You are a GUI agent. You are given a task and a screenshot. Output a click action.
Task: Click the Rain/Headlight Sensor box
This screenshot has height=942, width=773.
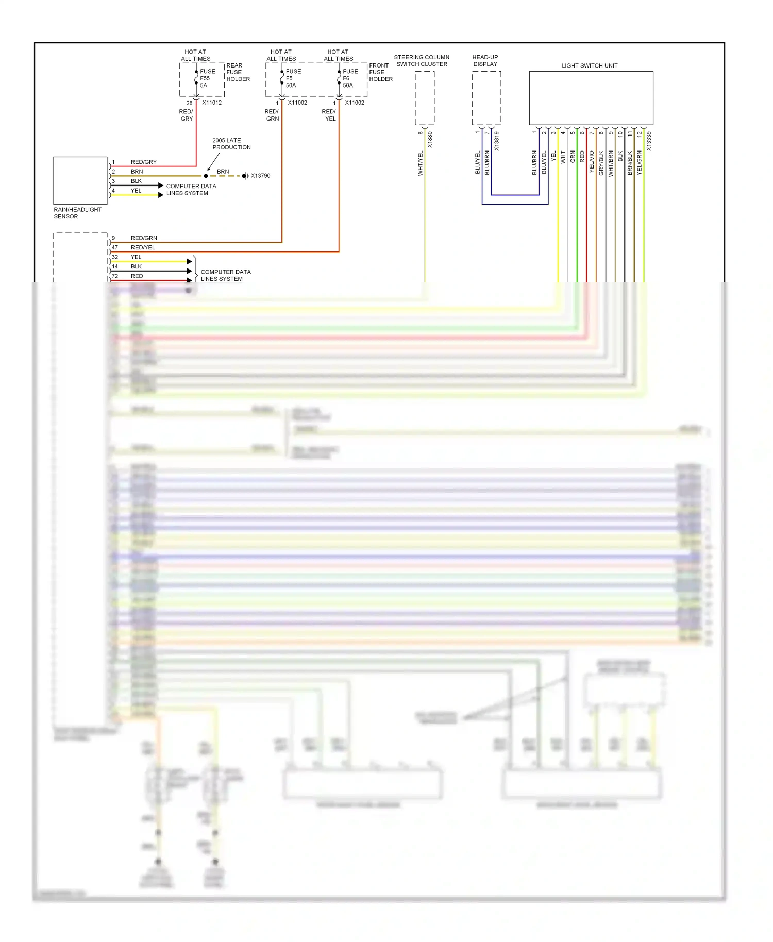[x=80, y=180]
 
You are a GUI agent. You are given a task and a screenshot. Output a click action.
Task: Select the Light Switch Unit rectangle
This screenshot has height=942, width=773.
[x=591, y=98]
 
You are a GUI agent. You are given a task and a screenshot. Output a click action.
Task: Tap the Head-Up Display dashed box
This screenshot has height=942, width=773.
[x=486, y=98]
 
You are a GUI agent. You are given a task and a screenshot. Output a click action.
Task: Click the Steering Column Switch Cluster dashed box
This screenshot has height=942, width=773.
[x=424, y=98]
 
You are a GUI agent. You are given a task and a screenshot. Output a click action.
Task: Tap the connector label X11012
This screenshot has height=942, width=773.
[x=212, y=103]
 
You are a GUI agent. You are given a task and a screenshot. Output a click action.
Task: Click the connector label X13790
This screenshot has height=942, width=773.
[x=260, y=176]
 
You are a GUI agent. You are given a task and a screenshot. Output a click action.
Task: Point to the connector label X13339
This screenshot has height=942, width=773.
[x=649, y=141]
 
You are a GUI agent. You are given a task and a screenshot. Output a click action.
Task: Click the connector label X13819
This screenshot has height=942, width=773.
[x=497, y=141]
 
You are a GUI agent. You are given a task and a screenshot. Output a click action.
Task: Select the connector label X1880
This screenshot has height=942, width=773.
[x=430, y=140]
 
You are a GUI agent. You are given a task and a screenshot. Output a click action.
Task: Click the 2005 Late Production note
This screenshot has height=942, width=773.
[x=231, y=144]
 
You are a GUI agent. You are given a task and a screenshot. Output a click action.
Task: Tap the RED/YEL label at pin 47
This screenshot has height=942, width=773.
[x=143, y=247]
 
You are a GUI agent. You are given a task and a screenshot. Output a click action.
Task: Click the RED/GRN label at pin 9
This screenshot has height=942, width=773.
[x=144, y=238]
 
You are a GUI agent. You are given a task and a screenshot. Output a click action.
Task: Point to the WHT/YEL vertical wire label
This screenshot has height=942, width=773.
[x=420, y=163]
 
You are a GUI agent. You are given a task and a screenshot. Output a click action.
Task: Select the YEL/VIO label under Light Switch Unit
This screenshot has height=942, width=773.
[x=592, y=162]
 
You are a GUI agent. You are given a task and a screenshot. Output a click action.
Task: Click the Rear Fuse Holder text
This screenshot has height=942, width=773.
[x=238, y=72]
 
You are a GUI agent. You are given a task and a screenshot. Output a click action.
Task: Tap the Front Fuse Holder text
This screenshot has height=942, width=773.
[x=380, y=72]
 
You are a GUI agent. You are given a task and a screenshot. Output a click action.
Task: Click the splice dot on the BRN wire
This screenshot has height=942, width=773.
[x=206, y=176]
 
